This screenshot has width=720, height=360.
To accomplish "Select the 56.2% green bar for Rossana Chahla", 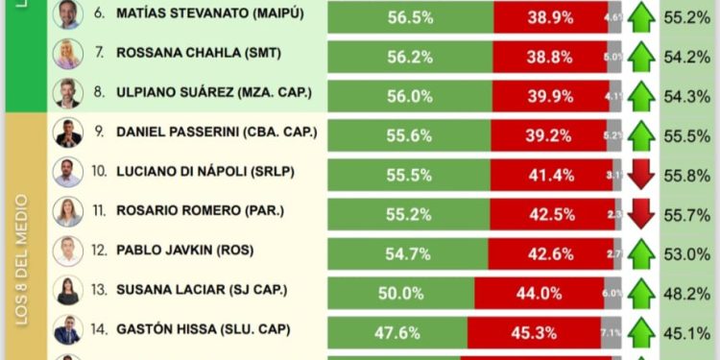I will (410, 56).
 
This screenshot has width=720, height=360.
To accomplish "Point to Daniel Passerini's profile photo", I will (67, 132).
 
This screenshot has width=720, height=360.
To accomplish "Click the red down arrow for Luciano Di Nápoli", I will (641, 174).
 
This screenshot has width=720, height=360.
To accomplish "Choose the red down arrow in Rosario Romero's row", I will (641, 212).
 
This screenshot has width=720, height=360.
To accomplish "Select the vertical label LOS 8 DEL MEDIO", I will (21, 259).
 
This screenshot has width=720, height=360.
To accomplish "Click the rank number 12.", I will (99, 252).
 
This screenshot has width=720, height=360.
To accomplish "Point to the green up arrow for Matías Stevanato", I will (641, 16).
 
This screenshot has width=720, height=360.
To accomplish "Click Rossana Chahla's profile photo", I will (67, 55).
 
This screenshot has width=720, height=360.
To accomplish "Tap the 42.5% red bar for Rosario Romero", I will (551, 213).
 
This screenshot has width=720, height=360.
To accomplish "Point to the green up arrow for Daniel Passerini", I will (641, 134).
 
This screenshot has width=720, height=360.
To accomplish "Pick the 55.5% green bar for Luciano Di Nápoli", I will (410, 174).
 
